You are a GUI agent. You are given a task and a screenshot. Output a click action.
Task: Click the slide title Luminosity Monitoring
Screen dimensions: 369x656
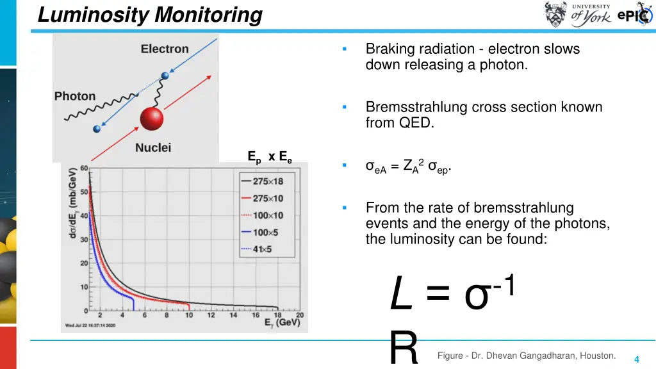[150, 14]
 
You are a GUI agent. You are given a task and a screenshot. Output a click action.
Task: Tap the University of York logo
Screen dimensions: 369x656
[577, 14]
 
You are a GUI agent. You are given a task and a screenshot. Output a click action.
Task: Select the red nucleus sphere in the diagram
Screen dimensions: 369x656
[152, 120]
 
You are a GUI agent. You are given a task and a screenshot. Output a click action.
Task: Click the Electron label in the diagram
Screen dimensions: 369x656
[165, 49]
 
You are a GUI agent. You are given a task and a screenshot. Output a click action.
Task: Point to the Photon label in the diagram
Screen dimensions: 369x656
[75, 96]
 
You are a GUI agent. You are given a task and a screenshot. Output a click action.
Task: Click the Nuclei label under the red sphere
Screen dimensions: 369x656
[153, 148]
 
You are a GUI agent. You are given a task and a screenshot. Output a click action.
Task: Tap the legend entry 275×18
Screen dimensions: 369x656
[267, 181]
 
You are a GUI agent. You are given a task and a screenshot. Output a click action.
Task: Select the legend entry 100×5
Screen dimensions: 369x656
[265, 232]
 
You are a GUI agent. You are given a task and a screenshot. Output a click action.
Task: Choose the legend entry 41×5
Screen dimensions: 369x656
[262, 249]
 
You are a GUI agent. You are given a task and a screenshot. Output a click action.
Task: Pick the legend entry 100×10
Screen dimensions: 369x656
[267, 215]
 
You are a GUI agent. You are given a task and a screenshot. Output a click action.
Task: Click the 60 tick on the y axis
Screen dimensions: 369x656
[84, 168]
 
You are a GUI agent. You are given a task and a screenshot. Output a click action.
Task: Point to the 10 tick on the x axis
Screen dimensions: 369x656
[189, 315]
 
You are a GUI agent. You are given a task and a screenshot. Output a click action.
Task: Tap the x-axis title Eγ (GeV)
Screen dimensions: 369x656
[283, 322]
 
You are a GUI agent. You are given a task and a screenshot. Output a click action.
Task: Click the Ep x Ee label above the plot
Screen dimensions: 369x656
[270, 157]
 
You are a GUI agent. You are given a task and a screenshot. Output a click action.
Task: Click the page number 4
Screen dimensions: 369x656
[636, 359]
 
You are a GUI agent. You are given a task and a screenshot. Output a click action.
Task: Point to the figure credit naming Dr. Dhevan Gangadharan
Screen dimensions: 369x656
[527, 356]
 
